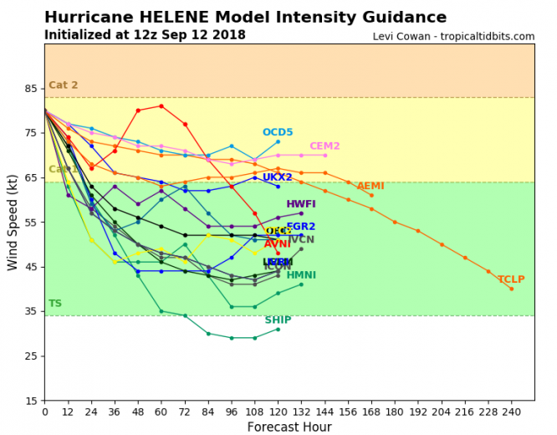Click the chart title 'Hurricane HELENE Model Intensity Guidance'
(x=245, y=18)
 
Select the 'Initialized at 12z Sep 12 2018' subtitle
(x=145, y=35)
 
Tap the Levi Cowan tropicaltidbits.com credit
(x=453, y=37)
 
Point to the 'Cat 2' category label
(x=64, y=85)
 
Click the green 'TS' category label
(x=55, y=304)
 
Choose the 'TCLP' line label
(x=511, y=279)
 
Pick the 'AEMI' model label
(x=370, y=186)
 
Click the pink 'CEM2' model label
(x=324, y=146)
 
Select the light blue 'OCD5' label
(x=278, y=132)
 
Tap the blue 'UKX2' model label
(x=278, y=177)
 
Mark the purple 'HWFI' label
(x=301, y=204)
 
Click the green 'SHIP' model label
(x=278, y=320)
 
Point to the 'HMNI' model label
(x=301, y=275)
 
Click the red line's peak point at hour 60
(x=161, y=106)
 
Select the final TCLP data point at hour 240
(x=512, y=289)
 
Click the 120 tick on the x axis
(x=278, y=411)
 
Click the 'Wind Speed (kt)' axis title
(x=12, y=223)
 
